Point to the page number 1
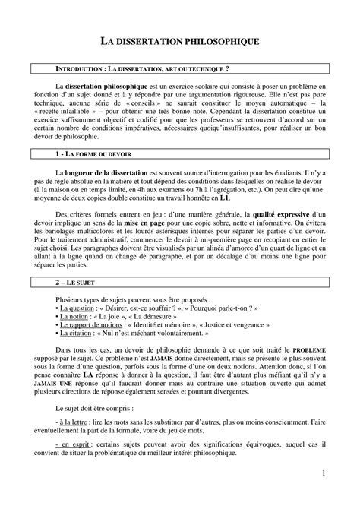323,474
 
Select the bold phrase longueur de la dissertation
109,174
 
